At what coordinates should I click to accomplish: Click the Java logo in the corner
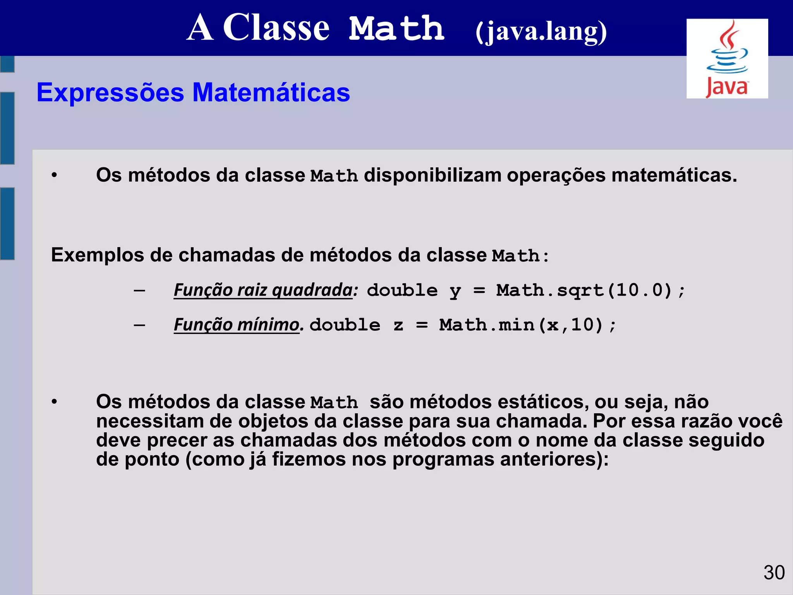(727, 59)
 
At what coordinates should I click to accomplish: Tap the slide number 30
(774, 573)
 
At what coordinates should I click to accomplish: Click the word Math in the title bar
(396, 29)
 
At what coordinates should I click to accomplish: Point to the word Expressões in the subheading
(110, 93)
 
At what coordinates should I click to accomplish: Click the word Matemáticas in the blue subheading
(271, 93)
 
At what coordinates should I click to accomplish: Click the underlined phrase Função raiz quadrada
(263, 290)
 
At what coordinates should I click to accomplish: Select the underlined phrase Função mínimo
(237, 325)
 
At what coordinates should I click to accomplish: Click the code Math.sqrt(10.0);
(591, 291)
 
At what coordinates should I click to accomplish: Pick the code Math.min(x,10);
(527, 325)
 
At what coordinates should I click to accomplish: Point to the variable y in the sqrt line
(455, 291)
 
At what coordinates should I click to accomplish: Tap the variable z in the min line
(398, 325)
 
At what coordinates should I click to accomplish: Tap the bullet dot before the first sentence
(54, 175)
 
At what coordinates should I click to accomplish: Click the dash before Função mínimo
(139, 325)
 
